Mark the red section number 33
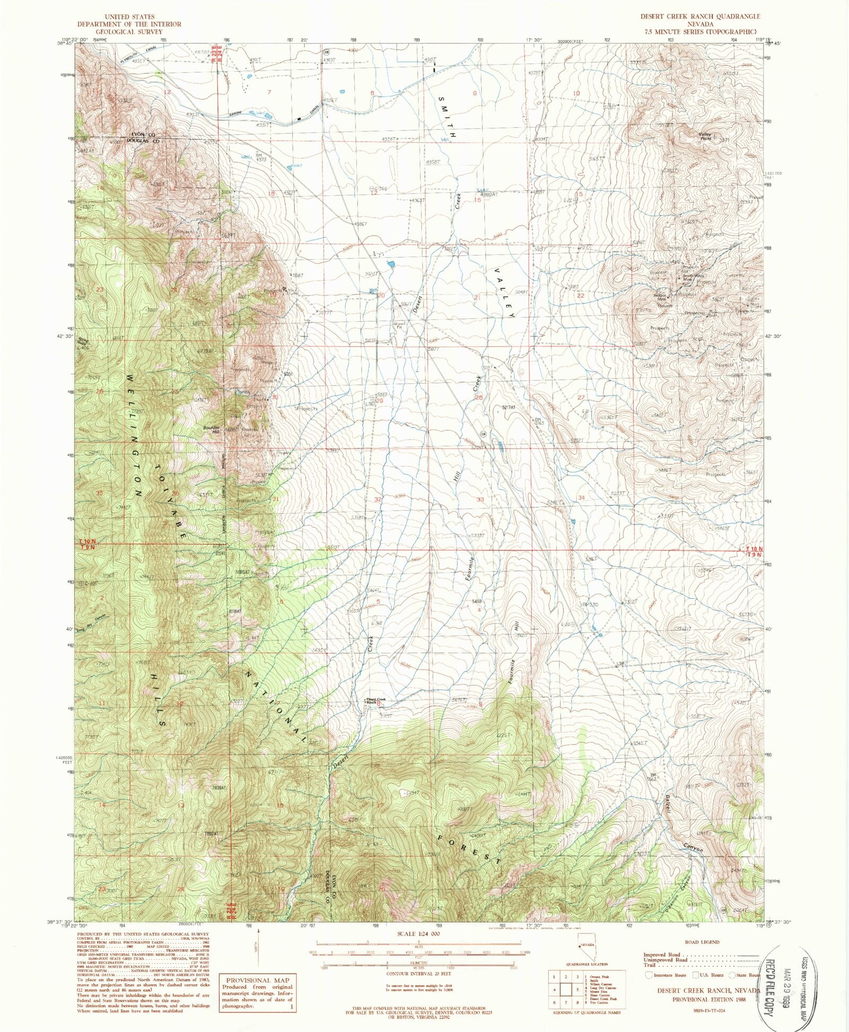[480, 500]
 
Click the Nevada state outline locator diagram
[586, 954]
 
